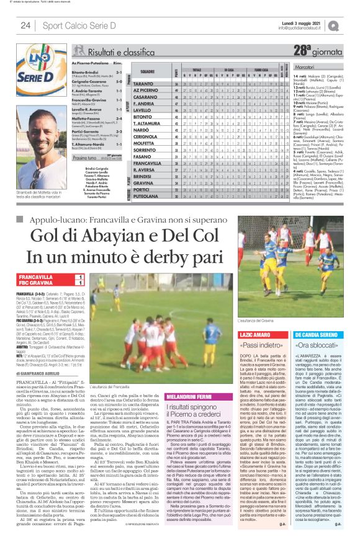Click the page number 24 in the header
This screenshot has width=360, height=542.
coord(25,25)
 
